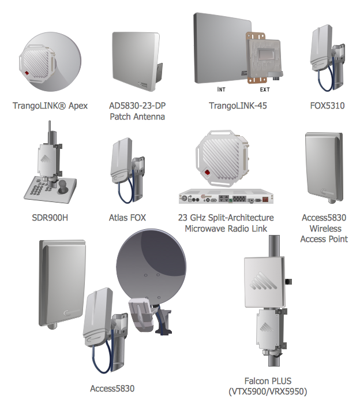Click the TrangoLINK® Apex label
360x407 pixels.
pyautogui.click(x=50, y=106)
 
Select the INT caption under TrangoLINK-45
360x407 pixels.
pyautogui.click(x=221, y=90)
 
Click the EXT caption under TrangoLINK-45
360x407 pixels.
pyautogui.click(x=265, y=90)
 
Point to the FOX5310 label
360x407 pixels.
pyautogui.click(x=327, y=106)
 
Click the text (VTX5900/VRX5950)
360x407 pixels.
pyautogui.click(x=268, y=391)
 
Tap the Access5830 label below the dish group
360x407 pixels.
pyautogui.click(x=112, y=389)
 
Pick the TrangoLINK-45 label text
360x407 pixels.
pyautogui.click(x=238, y=106)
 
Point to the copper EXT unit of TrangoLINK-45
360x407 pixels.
pyautogui.click(x=264, y=58)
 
